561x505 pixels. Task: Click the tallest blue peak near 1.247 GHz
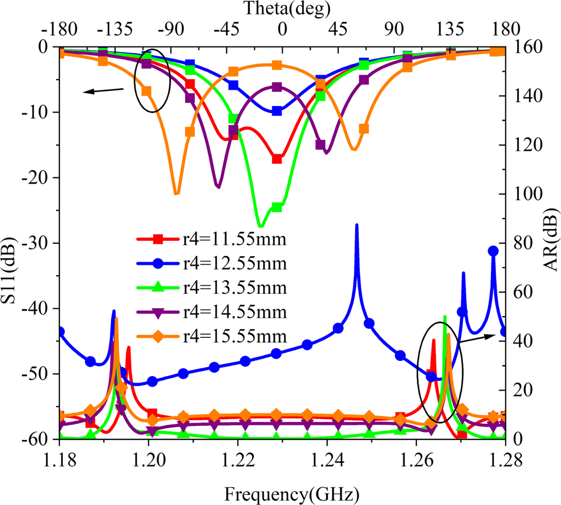coord(357,225)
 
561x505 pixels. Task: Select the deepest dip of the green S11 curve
coord(259,226)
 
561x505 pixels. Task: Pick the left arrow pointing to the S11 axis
coord(104,90)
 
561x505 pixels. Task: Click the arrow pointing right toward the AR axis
coord(477,337)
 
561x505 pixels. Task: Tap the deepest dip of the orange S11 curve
coord(176,193)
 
